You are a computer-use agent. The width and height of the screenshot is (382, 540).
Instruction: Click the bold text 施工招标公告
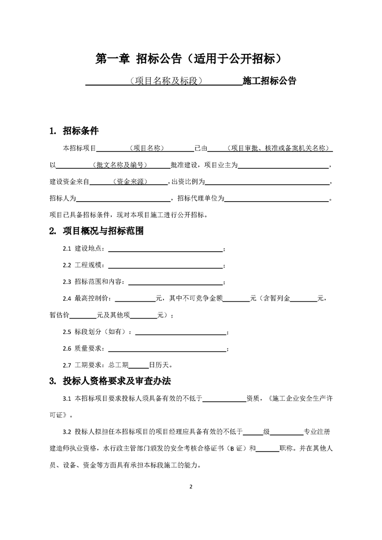(269, 81)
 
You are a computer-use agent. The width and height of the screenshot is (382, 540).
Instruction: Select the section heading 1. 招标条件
(74, 131)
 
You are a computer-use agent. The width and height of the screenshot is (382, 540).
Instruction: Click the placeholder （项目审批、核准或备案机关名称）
(279, 148)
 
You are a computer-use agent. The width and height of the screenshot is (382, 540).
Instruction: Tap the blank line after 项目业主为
(283, 166)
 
